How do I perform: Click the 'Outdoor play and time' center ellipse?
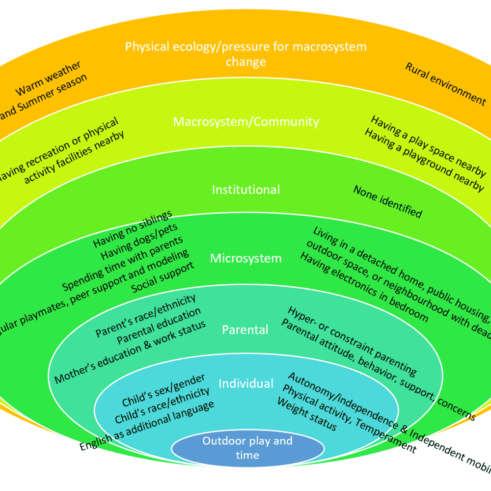pos(247,448)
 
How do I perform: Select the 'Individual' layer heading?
pos(245,383)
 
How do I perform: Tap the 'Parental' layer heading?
pos(245,329)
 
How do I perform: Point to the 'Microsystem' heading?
pos(245,258)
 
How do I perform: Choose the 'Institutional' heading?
pos(245,190)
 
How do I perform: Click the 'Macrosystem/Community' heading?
pos(245,122)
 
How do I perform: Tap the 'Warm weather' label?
pos(49,79)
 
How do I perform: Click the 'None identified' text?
pos(387,201)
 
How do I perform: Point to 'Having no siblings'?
pos(133,229)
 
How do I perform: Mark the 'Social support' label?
pos(163,277)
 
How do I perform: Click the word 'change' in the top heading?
pos(245,62)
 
